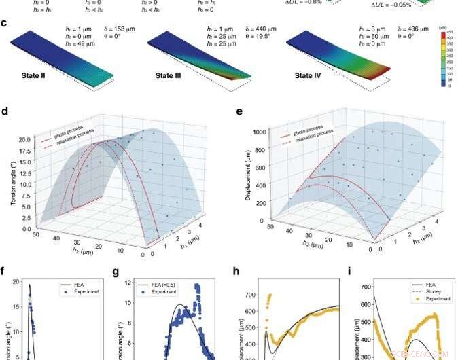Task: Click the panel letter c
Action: coord(5,23)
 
